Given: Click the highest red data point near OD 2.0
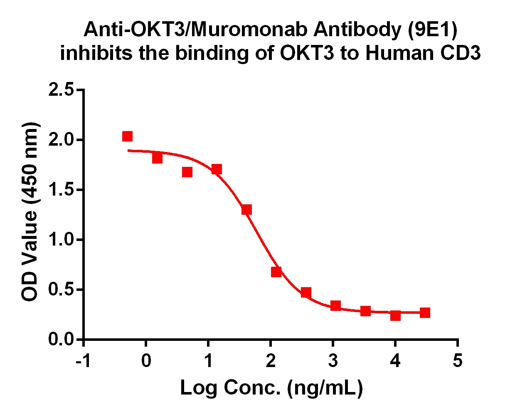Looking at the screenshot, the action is (128, 136).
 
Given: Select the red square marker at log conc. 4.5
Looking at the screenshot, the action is (425, 313).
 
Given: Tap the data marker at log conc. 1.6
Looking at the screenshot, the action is (246, 210).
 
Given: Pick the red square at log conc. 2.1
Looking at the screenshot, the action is (276, 272).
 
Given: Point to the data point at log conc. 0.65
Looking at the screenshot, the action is (187, 172).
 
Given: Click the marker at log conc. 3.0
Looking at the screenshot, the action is (335, 305).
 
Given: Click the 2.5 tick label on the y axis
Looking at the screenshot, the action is (61, 90).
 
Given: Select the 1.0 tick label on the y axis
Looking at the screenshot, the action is (61, 240).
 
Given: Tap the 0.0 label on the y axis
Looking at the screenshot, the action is (61, 339).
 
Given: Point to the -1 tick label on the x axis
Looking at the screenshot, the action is (83, 361).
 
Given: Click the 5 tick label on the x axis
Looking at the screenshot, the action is (457, 361).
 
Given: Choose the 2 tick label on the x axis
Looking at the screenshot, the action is (271, 361).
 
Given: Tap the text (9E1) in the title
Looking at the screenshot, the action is (433, 30).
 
